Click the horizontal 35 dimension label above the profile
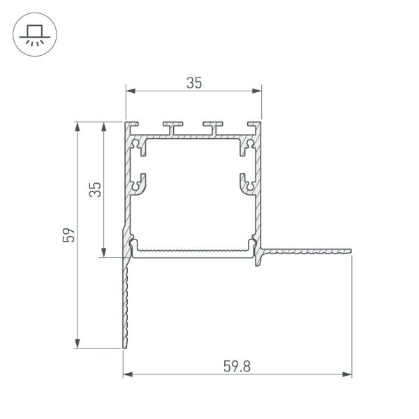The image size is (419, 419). point(193,82)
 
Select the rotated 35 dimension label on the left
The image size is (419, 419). point(96,190)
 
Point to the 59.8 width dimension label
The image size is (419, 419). point(237,366)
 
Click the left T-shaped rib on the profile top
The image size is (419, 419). point(172,126)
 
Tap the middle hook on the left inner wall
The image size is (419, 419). point(140,183)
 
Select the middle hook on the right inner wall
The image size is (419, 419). point(247,183)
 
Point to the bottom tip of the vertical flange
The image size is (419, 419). point(126,346)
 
